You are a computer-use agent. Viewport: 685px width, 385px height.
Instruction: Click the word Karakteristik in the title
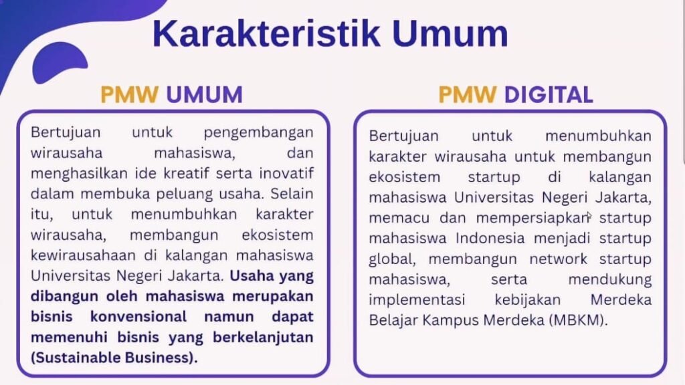(266, 33)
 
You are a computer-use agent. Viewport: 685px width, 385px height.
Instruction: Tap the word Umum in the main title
(450, 33)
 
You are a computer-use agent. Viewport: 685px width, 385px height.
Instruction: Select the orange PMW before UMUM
(129, 94)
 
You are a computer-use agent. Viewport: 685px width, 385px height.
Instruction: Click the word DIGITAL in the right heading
(549, 94)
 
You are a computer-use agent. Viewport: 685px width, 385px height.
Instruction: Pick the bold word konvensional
(138, 316)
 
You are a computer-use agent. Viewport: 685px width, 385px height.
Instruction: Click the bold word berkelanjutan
(263, 338)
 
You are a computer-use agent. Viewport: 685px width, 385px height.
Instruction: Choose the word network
(559, 259)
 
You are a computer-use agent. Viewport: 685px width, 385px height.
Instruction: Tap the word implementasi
(417, 300)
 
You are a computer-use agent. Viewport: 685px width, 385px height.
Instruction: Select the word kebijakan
(528, 300)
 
